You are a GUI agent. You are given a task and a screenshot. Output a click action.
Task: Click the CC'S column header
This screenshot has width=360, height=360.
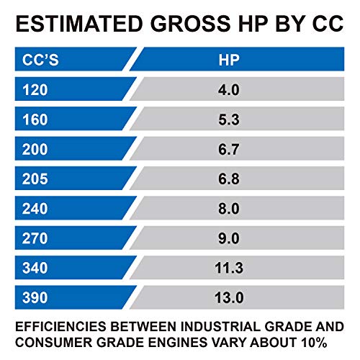[x=40, y=60]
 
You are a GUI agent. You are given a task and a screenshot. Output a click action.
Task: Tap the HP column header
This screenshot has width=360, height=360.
[x=229, y=60]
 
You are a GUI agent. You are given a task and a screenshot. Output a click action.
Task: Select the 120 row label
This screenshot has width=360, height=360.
[x=35, y=90]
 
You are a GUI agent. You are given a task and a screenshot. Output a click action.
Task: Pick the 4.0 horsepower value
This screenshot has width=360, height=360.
[x=229, y=90]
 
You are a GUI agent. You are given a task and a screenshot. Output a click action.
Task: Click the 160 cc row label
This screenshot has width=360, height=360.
[x=35, y=120]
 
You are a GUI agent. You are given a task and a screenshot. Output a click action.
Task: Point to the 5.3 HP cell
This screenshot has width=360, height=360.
[x=229, y=120]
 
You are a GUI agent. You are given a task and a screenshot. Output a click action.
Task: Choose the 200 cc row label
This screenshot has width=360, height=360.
[x=35, y=149]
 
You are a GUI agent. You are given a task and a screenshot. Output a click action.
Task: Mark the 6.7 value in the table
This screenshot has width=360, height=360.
[x=229, y=149]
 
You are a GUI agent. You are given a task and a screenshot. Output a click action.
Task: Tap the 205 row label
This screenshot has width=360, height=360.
[x=35, y=179]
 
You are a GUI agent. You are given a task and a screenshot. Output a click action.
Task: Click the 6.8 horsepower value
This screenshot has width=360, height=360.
[x=229, y=179]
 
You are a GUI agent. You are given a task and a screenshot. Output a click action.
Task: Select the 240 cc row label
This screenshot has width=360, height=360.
[x=35, y=209]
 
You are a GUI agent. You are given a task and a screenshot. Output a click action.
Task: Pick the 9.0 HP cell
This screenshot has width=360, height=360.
[x=229, y=238]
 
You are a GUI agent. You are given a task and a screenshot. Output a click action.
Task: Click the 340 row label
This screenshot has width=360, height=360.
[x=35, y=268]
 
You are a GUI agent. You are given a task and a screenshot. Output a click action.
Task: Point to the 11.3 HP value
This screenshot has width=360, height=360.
[x=229, y=268]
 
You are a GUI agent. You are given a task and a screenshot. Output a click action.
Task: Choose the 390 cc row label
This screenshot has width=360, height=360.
[x=35, y=297]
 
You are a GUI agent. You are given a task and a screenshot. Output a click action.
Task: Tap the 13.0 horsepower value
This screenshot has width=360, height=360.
[x=229, y=297]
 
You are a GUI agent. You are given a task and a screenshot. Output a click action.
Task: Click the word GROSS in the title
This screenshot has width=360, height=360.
[x=191, y=24]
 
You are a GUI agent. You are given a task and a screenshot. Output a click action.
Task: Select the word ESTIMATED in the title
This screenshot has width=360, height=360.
[x=79, y=24]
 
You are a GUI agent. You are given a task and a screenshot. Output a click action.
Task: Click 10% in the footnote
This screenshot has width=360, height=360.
[x=314, y=342]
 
